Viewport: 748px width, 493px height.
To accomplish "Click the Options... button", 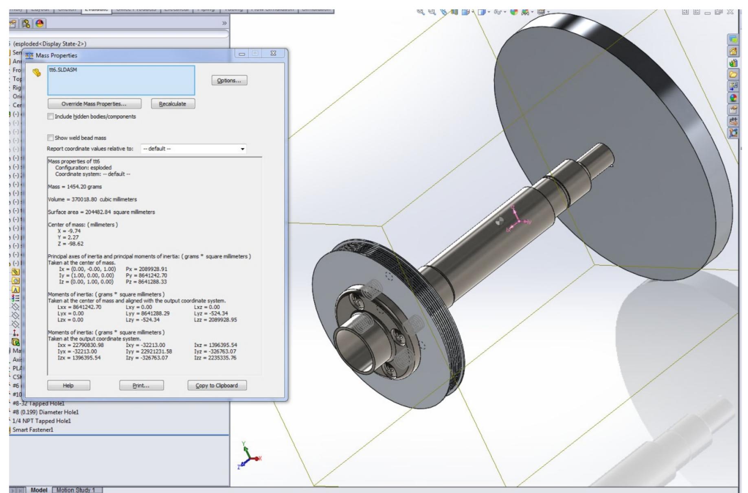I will [x=229, y=81].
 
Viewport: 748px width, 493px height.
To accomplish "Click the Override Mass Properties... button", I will [x=94, y=104].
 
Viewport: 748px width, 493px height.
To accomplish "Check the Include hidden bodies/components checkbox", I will [x=50, y=117].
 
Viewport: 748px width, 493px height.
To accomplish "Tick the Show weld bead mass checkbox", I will [x=50, y=138].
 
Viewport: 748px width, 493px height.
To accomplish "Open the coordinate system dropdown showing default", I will [x=193, y=149].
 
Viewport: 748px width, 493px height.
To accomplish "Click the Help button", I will [x=68, y=386].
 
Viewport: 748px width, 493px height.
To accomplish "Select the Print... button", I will [x=141, y=386].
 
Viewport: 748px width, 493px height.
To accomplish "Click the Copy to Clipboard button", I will [x=217, y=386].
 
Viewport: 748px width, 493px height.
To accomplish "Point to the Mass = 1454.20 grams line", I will [x=75, y=187].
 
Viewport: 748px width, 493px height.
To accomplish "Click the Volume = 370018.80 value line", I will [x=92, y=199].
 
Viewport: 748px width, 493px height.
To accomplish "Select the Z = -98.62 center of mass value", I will [x=70, y=244].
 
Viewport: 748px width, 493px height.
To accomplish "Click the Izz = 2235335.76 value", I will [x=215, y=358].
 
